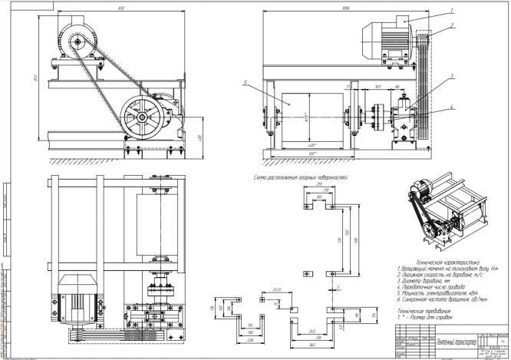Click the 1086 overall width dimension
point(345,7)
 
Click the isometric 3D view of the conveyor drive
point(450,212)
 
